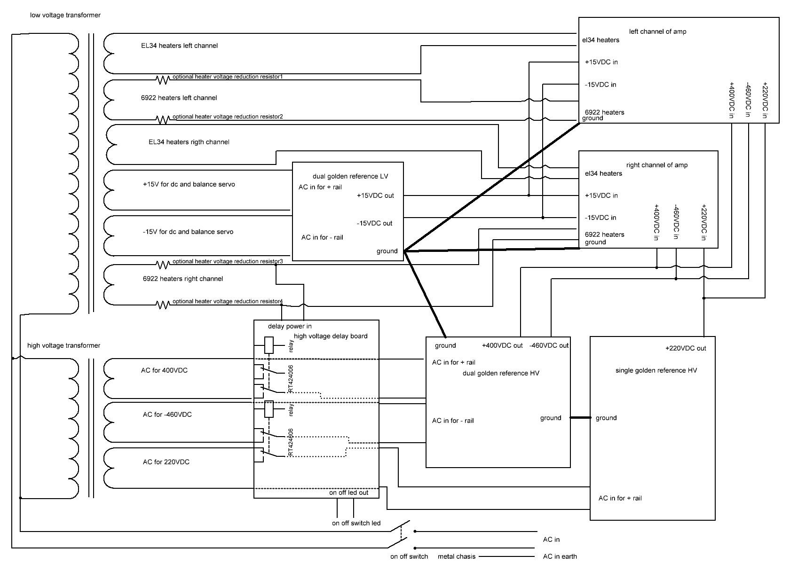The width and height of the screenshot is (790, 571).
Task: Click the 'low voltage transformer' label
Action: coord(65,15)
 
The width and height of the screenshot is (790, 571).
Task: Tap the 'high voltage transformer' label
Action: coord(63,345)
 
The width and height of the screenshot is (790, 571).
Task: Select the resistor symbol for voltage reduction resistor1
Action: coord(162,80)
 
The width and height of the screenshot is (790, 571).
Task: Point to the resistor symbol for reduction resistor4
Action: coord(162,305)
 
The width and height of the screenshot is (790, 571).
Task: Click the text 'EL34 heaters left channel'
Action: coord(179,46)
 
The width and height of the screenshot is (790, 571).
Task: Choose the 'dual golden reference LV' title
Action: coord(350,176)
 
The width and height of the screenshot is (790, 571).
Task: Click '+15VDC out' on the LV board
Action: coord(375,196)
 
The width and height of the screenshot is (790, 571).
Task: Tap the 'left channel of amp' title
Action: coord(657,31)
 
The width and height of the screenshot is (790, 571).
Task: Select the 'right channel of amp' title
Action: coord(656,165)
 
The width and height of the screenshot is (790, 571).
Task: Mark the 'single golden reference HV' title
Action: coord(656,370)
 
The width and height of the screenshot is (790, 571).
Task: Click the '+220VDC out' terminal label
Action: coord(685,348)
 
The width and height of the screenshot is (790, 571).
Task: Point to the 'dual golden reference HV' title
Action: coord(501,373)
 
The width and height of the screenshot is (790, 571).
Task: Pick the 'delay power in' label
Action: coord(290,326)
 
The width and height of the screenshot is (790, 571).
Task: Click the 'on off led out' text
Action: coord(348,493)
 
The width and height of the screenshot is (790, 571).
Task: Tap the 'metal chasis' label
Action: coord(456,556)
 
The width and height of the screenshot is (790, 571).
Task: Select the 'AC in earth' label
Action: coord(560,556)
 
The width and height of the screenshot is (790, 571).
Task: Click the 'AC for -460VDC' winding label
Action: coord(167,415)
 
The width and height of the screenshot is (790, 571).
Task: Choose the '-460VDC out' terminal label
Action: coord(549,345)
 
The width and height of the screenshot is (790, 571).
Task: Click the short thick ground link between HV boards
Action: coord(580,417)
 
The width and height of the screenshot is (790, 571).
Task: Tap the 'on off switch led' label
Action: coord(356,523)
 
